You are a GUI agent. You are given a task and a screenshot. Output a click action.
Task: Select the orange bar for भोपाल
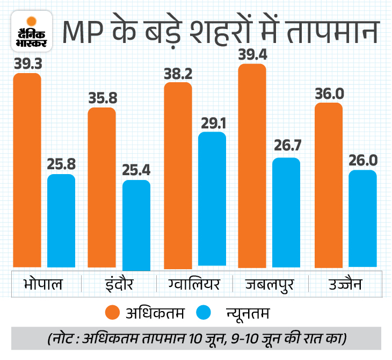(27, 169)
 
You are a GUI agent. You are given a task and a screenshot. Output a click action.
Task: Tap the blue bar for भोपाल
(61, 220)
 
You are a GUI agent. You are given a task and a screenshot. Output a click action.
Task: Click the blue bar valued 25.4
(136, 224)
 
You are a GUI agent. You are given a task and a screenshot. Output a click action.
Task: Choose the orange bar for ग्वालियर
(178, 175)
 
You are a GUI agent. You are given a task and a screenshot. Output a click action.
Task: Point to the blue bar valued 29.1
(212, 199)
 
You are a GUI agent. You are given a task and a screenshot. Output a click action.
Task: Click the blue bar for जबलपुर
(286, 212)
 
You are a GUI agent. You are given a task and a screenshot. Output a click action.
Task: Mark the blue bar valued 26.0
(362, 218)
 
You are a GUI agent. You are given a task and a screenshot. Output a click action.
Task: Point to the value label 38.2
(178, 74)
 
